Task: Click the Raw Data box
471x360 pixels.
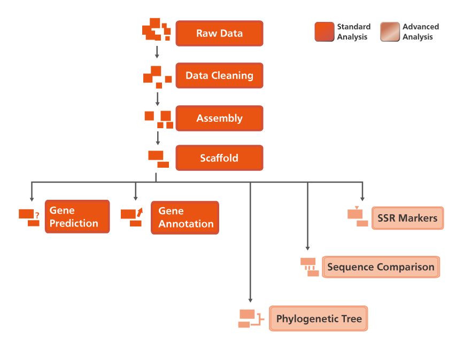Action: [x=219, y=33]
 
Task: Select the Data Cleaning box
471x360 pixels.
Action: [x=219, y=75]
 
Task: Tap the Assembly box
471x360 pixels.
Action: [x=219, y=118]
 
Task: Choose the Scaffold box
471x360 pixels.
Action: [x=219, y=158]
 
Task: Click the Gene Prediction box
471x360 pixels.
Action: [x=77, y=217]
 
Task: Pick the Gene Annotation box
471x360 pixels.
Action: [x=185, y=217]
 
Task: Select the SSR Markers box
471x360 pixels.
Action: [x=407, y=218]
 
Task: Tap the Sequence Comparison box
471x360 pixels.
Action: [x=381, y=267]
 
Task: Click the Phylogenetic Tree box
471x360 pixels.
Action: [x=319, y=319]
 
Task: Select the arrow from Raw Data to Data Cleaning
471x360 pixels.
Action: [x=157, y=52]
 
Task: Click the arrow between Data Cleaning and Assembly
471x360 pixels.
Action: [x=157, y=98]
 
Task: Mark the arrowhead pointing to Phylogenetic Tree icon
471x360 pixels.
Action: [x=250, y=300]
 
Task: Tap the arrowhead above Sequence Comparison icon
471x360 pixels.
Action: [x=307, y=248]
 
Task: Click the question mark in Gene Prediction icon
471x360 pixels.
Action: [x=37, y=215]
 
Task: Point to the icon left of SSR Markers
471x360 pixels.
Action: [x=357, y=215]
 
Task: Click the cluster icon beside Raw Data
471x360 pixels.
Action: [x=156, y=30]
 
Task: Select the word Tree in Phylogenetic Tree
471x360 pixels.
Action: [x=351, y=319]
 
